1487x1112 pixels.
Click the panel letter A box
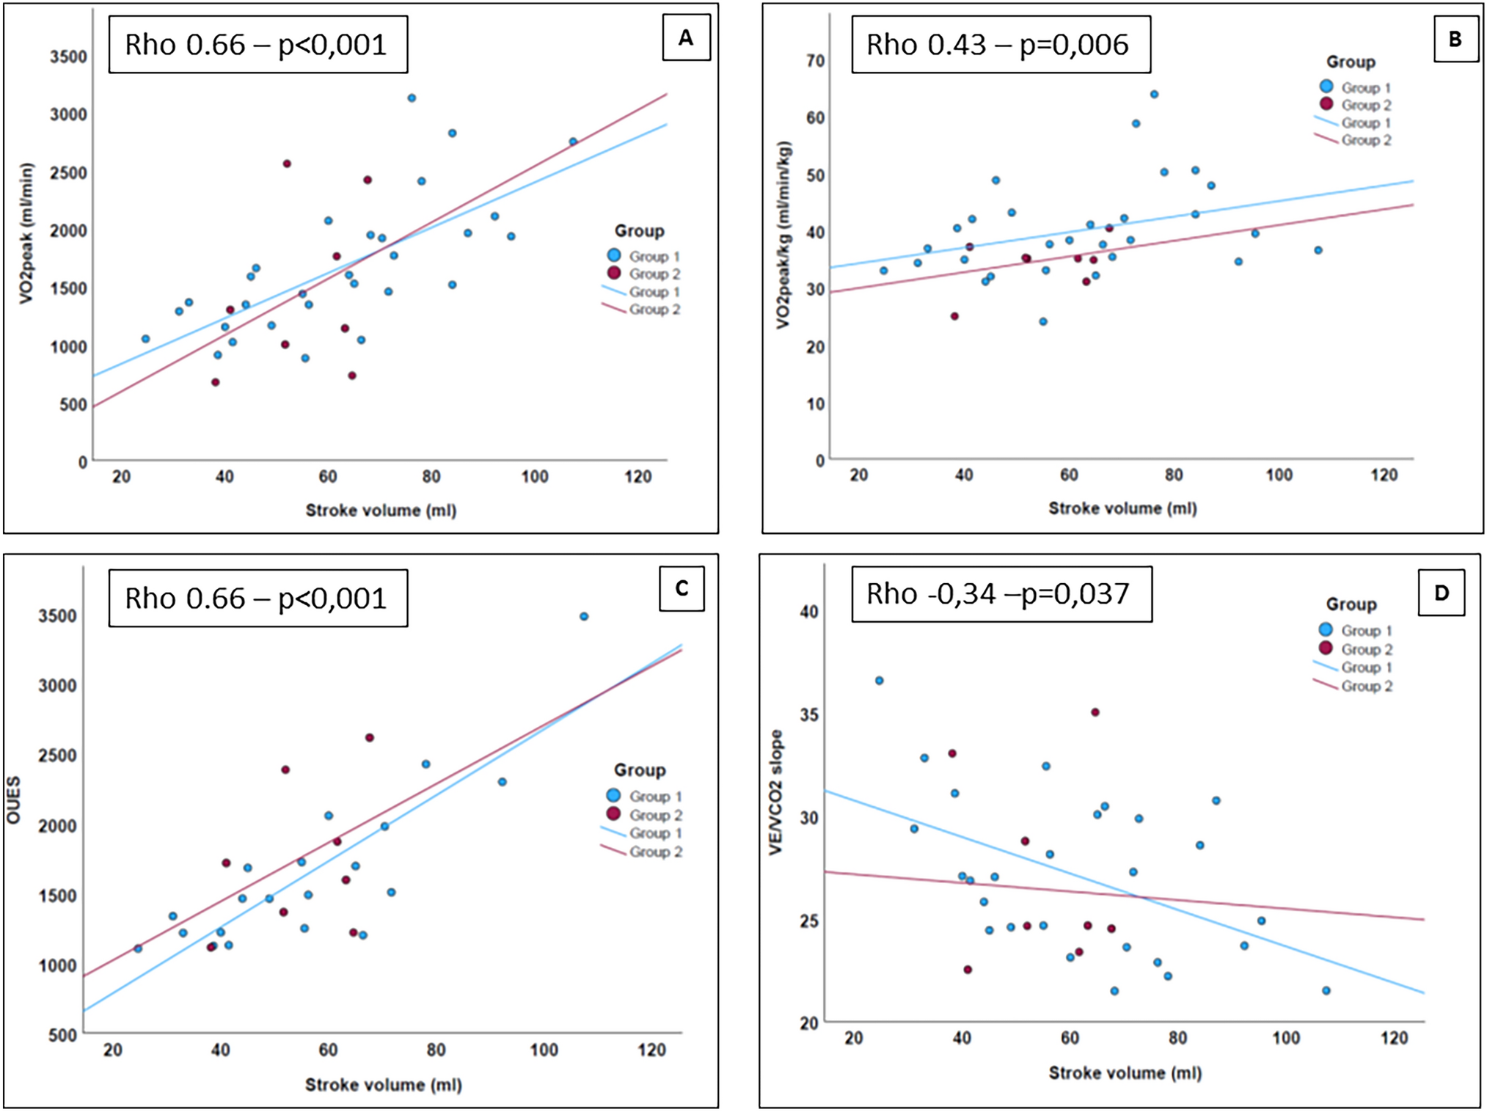click(686, 38)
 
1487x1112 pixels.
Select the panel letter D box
click(1441, 593)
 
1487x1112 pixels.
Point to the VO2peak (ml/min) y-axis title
click(27, 233)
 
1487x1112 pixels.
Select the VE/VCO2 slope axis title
click(775, 792)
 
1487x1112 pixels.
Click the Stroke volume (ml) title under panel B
click(1122, 508)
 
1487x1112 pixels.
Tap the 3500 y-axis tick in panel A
click(68, 56)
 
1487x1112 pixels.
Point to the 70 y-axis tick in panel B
click(815, 61)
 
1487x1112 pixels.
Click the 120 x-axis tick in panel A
click(637, 477)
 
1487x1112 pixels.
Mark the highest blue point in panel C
click(584, 617)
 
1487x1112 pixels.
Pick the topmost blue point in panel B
click(1154, 95)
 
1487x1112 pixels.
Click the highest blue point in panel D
click(879, 681)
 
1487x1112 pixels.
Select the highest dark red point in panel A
click(287, 164)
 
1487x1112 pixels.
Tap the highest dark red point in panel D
click(1095, 712)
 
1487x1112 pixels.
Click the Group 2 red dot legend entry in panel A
click(615, 274)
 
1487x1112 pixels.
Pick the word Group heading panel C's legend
click(639, 770)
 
